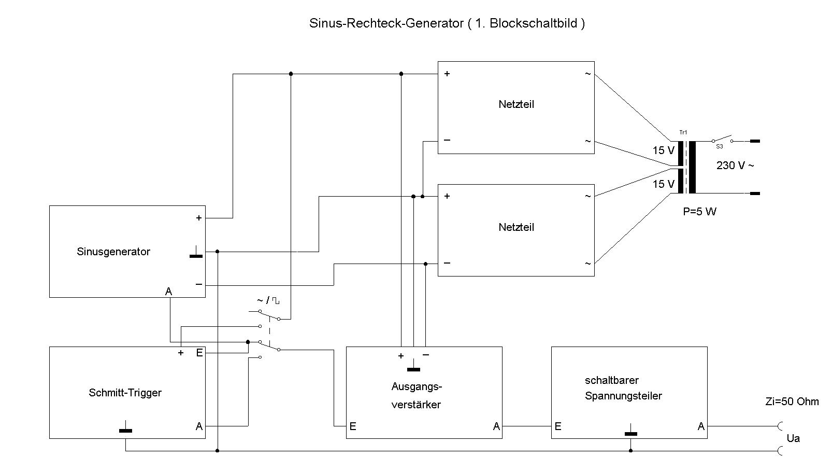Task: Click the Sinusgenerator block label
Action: pyautogui.click(x=113, y=252)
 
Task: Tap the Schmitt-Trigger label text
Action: pyautogui.click(x=125, y=393)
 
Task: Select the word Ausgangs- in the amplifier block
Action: pyautogui.click(x=417, y=386)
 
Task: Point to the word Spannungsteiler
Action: pyautogui.click(x=623, y=396)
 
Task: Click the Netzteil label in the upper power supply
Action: pyautogui.click(x=516, y=104)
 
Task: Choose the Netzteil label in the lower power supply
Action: pyautogui.click(x=516, y=227)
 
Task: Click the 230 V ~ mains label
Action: pyautogui.click(x=735, y=165)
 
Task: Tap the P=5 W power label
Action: pyautogui.click(x=699, y=212)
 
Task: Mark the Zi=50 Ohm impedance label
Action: pyautogui.click(x=792, y=402)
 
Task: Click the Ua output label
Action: pyautogui.click(x=793, y=438)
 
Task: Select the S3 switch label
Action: pyautogui.click(x=719, y=147)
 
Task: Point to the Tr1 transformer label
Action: pyautogui.click(x=683, y=133)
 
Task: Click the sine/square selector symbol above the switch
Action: pyautogui.click(x=268, y=300)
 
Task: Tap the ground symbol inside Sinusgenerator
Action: pyautogui.click(x=196, y=254)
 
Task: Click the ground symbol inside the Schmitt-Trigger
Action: pyautogui.click(x=125, y=429)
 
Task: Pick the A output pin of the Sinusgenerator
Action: pyautogui.click(x=168, y=292)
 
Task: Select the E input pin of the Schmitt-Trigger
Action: pyautogui.click(x=199, y=353)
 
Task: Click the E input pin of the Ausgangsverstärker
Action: pyautogui.click(x=353, y=426)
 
